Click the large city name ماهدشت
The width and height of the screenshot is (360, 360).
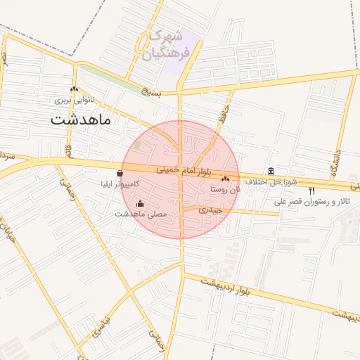(81, 120)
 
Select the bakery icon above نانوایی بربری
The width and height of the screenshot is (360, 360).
(74, 89)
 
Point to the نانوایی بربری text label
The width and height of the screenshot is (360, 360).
(75, 101)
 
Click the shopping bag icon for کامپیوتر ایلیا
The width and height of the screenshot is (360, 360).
(120, 173)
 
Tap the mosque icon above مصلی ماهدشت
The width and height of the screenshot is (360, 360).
(141, 204)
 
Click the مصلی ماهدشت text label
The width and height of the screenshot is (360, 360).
(141, 213)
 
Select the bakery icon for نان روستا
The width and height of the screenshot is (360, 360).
(225, 180)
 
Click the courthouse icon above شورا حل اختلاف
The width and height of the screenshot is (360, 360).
(271, 171)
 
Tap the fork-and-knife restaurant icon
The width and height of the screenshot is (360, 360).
(311, 191)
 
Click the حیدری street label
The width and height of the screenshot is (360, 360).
(210, 210)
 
